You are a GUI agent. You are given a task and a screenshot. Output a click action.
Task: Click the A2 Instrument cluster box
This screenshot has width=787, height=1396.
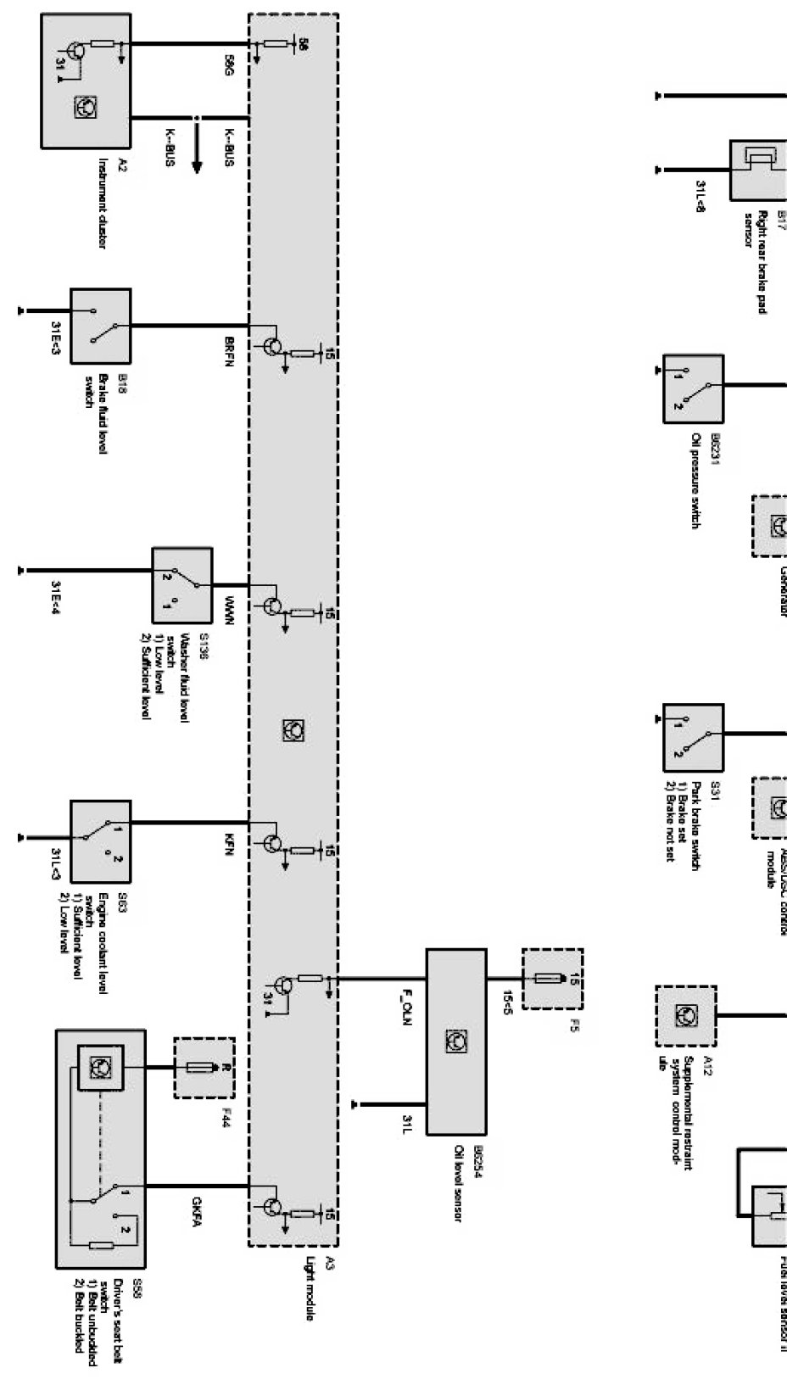[85, 81]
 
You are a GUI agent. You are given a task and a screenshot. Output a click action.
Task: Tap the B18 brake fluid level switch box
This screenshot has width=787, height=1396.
[100, 327]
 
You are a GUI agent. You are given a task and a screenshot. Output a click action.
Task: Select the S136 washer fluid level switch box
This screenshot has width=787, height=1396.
[181, 586]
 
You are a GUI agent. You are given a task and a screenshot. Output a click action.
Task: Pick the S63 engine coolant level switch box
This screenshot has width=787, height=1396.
[100, 840]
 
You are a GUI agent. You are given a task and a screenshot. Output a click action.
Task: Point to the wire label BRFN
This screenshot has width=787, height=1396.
[229, 349]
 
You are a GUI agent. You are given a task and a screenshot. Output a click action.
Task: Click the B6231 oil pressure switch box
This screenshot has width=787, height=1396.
[693, 389]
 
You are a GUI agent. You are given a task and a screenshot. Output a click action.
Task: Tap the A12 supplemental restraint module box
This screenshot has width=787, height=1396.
[685, 1015]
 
